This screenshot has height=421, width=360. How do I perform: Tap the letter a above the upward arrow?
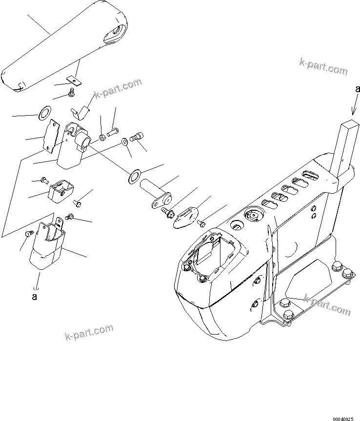coord(357,89)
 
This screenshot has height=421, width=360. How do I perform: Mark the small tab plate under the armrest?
coord(74,78)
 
